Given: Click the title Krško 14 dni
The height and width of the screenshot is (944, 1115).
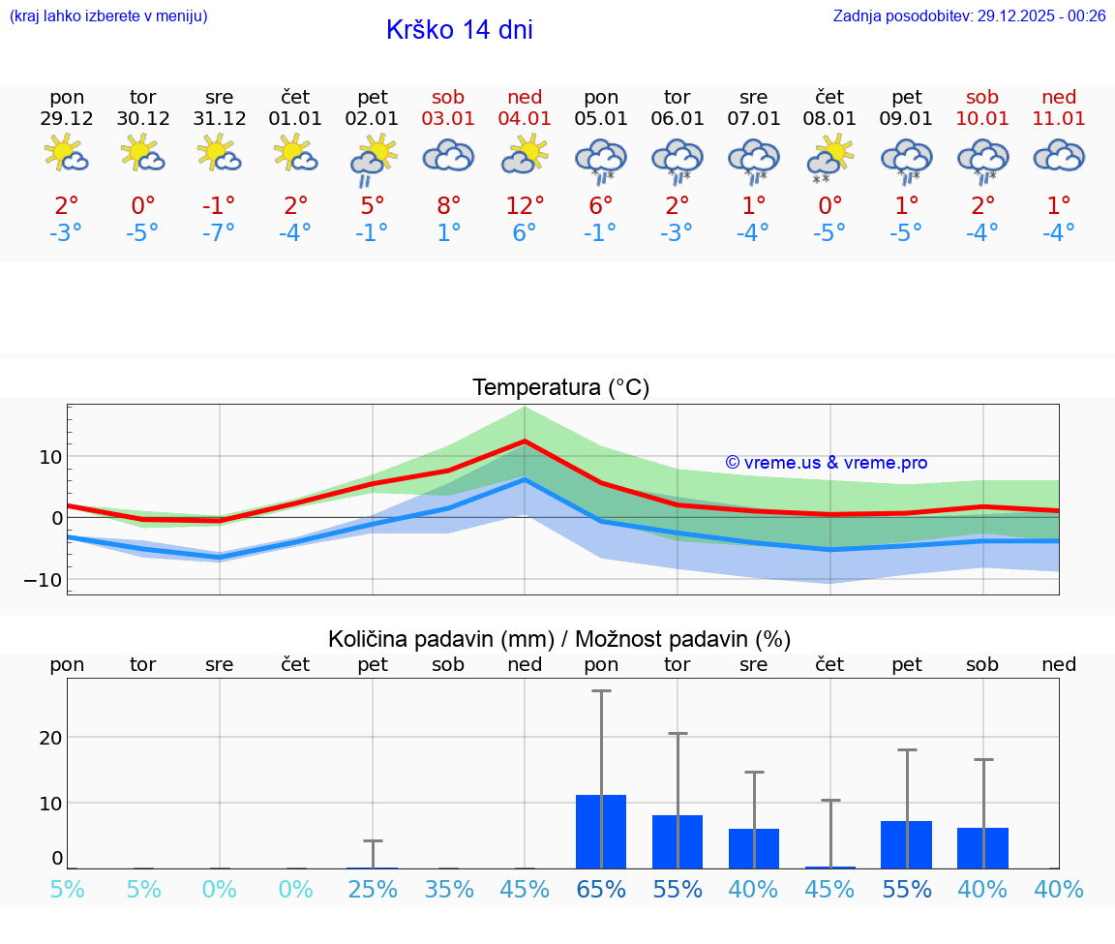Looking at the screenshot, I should point(459,30).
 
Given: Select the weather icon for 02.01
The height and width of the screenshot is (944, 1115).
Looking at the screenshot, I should point(373,159).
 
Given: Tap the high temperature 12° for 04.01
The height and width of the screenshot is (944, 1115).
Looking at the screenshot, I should point(525,206).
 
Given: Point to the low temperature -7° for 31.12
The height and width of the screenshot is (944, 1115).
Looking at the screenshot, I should point(220,233).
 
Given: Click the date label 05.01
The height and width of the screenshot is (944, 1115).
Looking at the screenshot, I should point(601,119).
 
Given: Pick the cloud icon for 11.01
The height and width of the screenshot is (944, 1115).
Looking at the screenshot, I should point(1059,157).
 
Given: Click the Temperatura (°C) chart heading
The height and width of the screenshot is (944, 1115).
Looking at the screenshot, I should point(560,388).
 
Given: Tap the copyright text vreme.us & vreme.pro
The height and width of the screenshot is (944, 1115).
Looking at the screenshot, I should point(827,463).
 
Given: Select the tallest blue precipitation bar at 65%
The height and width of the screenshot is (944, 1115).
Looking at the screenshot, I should point(601,832).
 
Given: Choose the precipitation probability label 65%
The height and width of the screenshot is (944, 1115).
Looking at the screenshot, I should point(601,890).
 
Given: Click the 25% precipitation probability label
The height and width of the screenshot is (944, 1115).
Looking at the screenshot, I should point(373,890).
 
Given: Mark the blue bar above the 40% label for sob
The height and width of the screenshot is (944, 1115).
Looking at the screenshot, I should point(982,848).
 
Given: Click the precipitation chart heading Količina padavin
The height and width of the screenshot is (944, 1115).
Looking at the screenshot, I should point(559,639).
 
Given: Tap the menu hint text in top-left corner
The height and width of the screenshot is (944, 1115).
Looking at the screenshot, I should point(108,16).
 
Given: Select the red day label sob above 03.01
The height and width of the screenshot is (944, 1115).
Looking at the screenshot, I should point(448,97).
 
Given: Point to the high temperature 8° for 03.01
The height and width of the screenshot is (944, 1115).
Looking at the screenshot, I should point(448,206).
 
